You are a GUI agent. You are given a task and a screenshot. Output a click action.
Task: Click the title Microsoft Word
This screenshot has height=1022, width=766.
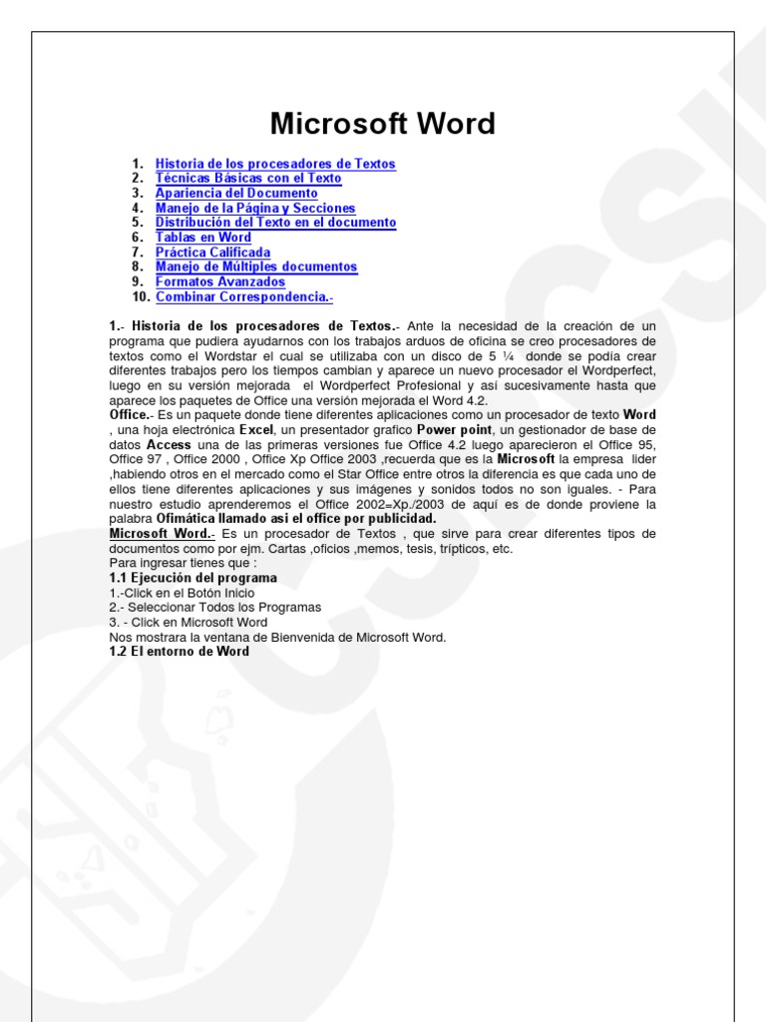coord(383,124)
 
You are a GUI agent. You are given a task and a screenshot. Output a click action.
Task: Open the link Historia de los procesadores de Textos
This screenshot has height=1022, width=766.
coord(275,164)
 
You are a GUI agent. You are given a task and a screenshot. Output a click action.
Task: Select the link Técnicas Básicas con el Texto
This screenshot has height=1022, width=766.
coord(248,179)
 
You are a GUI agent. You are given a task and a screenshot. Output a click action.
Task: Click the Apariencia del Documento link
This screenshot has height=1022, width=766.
coord(236,194)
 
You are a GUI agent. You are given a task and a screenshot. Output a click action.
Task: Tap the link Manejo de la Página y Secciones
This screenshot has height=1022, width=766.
coord(255,209)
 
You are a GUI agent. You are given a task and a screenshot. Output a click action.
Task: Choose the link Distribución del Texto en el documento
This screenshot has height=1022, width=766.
coord(275,223)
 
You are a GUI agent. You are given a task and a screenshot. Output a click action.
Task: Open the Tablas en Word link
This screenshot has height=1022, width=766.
coord(203,238)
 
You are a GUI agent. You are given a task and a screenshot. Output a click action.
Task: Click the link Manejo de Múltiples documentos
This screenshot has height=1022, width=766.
coord(256,267)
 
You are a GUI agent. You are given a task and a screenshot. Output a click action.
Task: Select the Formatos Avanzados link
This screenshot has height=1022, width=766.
coord(220,282)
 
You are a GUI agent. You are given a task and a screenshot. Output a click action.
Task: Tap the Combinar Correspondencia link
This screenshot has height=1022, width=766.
coord(244,297)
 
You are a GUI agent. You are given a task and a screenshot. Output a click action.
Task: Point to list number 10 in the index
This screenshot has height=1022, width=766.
coord(140,297)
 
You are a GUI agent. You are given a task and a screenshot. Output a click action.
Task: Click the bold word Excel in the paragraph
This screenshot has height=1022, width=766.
coord(257,430)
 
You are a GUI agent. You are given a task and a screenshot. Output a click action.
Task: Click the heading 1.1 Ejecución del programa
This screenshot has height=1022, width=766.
coord(192,578)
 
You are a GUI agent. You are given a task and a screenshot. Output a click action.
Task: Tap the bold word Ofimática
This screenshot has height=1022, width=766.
coord(190,519)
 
